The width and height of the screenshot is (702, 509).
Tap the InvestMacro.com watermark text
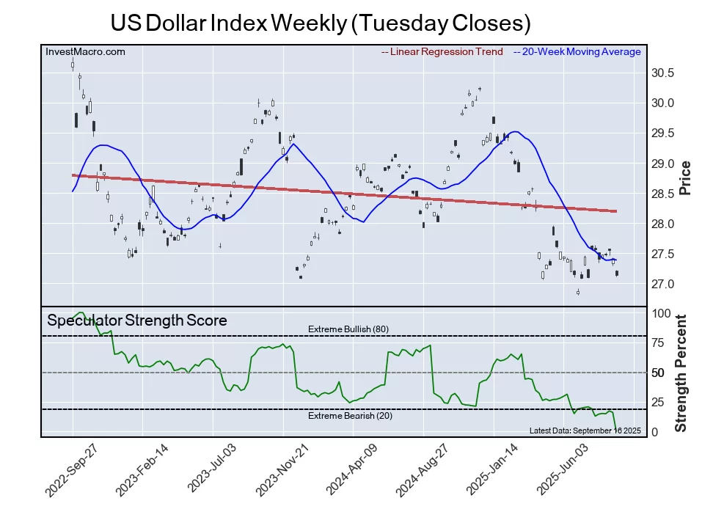pos(85,51)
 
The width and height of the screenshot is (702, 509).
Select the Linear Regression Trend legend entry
pos(442,51)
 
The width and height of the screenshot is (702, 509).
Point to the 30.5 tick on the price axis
pos(662,73)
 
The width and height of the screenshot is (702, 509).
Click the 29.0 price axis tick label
pos(662,164)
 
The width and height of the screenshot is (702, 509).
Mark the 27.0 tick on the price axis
pos(662,285)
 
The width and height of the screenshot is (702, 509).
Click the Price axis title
pos(686,178)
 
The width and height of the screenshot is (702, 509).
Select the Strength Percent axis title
pos(681,373)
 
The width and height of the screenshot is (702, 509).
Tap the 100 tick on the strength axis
pos(662,313)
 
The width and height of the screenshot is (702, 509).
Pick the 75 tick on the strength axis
pos(659,343)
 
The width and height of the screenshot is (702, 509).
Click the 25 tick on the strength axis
pos(659,402)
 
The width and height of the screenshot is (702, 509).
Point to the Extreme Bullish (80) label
pos(348,329)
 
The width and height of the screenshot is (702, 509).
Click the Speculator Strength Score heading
pos(136,321)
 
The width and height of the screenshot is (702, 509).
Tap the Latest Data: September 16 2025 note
pos(585,430)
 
